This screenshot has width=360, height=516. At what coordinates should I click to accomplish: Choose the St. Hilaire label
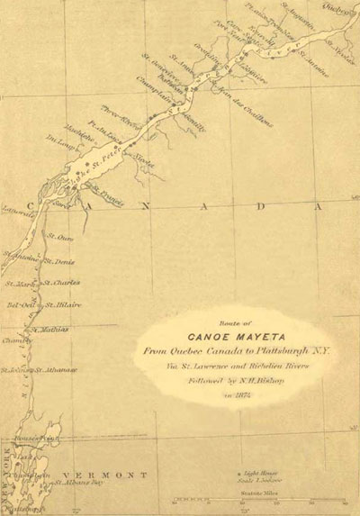pos(64,305)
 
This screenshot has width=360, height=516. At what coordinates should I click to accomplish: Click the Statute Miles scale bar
pos(238,498)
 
